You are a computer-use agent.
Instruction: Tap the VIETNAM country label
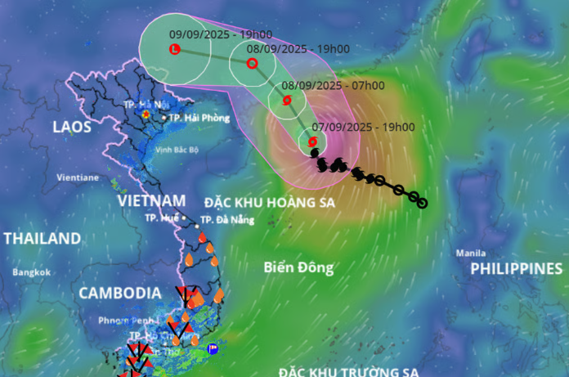(x=151, y=200)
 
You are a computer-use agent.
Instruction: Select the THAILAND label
(x=43, y=239)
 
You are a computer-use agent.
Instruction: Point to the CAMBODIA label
(x=119, y=293)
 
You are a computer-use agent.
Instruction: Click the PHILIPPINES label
(x=517, y=268)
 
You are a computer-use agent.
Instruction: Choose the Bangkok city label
(x=32, y=272)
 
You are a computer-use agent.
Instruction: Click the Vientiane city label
(x=78, y=177)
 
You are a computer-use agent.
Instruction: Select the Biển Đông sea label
(x=299, y=267)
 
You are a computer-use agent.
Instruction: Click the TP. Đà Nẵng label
(x=227, y=219)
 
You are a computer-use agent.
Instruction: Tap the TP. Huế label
(x=162, y=218)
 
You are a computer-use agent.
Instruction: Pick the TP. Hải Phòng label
(x=198, y=118)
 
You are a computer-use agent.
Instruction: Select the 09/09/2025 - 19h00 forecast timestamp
(x=209, y=34)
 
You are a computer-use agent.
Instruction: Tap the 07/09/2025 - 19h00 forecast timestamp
(x=363, y=127)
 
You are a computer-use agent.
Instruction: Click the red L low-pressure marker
(x=174, y=50)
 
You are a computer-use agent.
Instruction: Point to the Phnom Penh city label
(x=123, y=319)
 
